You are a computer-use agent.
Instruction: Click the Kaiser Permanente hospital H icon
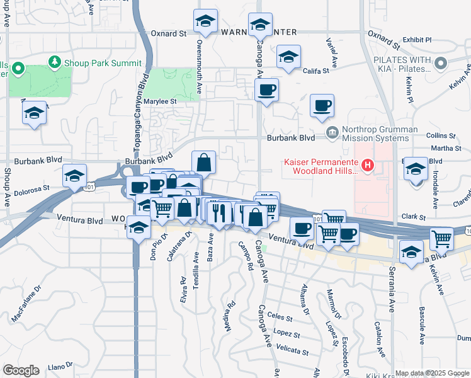368,166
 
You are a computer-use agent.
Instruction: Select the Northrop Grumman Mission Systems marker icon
332,133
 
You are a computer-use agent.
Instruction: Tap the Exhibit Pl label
417,39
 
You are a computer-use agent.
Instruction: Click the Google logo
21,370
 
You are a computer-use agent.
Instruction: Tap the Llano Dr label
61,365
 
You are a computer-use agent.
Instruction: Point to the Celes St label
281,319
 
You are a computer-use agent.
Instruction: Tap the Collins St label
440,135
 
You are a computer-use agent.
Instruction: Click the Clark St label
414,216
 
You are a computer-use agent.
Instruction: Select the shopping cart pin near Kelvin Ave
442,239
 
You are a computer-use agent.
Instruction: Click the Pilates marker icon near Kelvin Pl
440,63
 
